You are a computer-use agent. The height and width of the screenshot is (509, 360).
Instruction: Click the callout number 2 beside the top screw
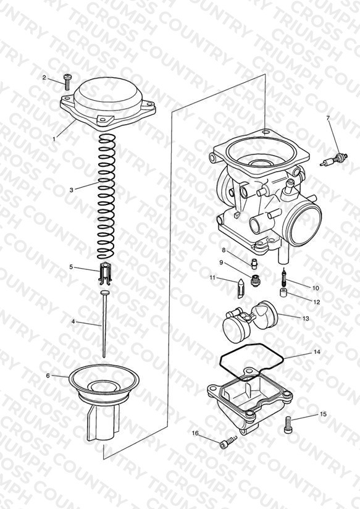(44, 77)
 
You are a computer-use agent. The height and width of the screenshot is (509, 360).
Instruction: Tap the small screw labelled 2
(68, 82)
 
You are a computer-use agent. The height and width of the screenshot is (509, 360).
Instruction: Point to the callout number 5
(71, 267)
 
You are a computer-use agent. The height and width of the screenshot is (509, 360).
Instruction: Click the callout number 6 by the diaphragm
(48, 376)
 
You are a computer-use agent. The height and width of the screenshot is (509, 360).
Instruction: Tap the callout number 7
(328, 118)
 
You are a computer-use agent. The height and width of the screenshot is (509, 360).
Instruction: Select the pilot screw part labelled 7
(333, 159)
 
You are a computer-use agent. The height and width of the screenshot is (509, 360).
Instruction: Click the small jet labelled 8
(254, 263)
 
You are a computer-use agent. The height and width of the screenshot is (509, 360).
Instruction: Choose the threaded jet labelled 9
(256, 280)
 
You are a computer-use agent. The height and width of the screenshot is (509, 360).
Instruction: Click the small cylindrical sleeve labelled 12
(283, 291)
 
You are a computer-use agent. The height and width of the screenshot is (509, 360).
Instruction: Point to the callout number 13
(306, 319)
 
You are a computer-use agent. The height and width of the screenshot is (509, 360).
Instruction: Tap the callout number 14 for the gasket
(317, 351)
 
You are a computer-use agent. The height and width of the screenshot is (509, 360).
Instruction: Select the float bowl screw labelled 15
(288, 425)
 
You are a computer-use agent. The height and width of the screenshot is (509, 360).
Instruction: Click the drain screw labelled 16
(228, 442)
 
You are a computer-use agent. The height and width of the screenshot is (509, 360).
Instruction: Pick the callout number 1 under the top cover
(54, 138)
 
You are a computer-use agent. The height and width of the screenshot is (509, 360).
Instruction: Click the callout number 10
(316, 288)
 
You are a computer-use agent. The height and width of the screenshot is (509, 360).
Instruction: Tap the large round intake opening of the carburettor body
(304, 224)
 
